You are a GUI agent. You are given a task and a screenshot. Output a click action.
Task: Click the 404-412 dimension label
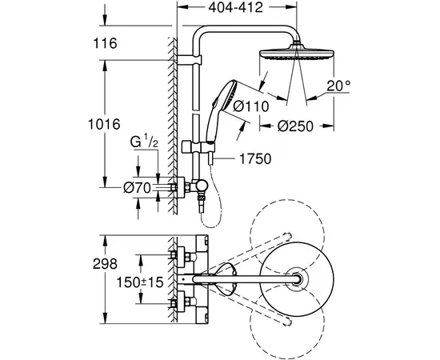tap(235, 7)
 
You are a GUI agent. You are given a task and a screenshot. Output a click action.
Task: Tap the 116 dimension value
tap(105, 43)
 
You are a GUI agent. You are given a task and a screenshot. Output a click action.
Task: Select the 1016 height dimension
tap(104, 124)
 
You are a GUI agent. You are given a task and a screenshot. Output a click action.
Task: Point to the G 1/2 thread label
tap(144, 142)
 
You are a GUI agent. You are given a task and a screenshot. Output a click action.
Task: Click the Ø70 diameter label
tap(138, 188)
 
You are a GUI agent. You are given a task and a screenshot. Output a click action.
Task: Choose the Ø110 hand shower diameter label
tap(251, 106)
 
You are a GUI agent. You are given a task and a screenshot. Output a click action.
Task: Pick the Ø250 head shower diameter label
tap(295, 126)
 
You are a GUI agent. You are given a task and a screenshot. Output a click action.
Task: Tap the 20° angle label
tap(338, 86)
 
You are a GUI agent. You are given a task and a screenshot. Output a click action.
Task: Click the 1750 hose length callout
tap(255, 159)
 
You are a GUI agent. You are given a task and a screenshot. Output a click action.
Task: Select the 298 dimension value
tap(105, 264)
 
